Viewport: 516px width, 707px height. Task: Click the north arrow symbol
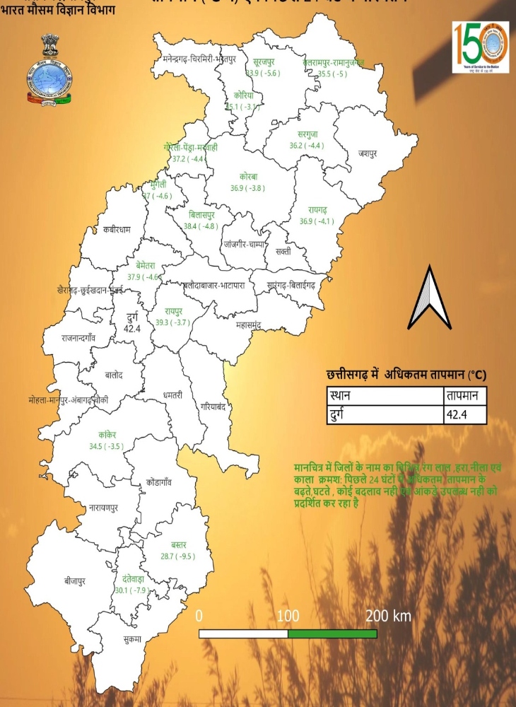click(x=430, y=299)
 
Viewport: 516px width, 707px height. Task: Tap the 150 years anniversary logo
click(x=480, y=47)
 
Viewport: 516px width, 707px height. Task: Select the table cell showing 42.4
click(x=464, y=414)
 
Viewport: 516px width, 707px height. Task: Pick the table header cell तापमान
click(x=464, y=396)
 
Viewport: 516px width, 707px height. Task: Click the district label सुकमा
click(x=130, y=639)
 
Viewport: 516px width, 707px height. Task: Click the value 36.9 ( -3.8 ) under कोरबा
click(x=247, y=188)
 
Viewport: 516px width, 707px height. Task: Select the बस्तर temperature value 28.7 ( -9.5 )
click(x=178, y=556)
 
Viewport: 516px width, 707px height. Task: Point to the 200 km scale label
click(x=387, y=616)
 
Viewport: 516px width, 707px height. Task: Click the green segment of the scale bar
click(x=332, y=633)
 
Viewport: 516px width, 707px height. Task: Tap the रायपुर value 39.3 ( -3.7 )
click(x=174, y=322)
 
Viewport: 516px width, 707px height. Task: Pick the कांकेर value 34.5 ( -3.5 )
click(x=106, y=447)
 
